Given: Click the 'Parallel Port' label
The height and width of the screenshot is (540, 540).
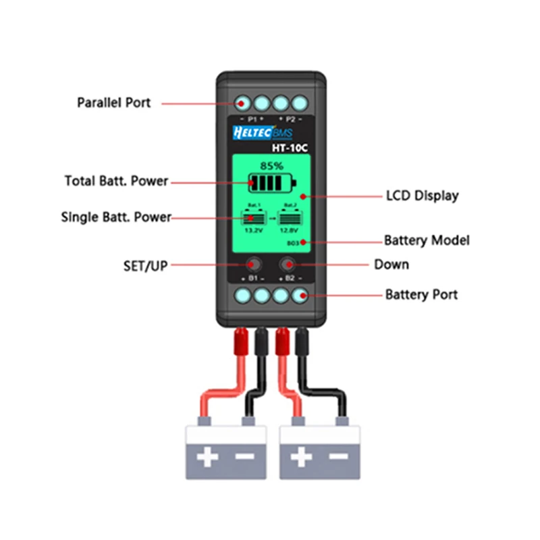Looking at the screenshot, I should tap(113, 103).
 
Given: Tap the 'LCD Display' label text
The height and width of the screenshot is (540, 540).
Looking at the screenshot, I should tap(422, 196).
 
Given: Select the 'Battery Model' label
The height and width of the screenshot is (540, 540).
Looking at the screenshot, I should tap(427, 240).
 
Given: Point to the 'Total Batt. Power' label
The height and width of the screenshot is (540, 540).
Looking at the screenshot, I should tap(116, 181).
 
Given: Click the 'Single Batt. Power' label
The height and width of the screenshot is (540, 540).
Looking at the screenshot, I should tap(116, 217).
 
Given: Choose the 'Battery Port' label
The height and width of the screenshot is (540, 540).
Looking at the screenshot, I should tap(421, 295).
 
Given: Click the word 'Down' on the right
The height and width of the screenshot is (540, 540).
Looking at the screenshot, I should tap(391, 264).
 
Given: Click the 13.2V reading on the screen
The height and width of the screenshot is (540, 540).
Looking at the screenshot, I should tap(251, 229).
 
